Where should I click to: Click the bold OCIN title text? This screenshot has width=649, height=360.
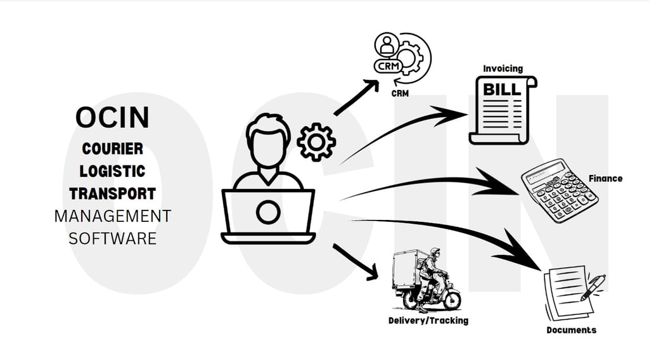point(112,117)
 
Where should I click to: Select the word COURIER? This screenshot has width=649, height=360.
point(112,149)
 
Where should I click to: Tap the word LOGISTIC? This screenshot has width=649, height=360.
point(112,171)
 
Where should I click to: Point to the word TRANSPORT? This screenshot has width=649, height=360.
point(112,193)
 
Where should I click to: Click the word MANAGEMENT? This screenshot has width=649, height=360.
point(112,216)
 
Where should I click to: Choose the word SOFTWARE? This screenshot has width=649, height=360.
point(112,238)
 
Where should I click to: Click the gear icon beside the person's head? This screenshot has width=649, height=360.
point(316,142)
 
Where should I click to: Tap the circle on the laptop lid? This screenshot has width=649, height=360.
point(267,212)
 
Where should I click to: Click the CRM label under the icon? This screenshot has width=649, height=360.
point(400,94)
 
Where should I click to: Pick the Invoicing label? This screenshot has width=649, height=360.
point(503,68)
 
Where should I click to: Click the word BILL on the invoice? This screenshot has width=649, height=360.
point(502,89)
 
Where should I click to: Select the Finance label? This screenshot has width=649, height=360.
point(605,179)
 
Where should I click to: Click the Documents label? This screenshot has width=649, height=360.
point(571,330)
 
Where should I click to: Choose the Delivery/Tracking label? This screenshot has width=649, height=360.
point(428,321)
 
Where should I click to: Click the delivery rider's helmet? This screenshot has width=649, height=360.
point(435,252)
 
